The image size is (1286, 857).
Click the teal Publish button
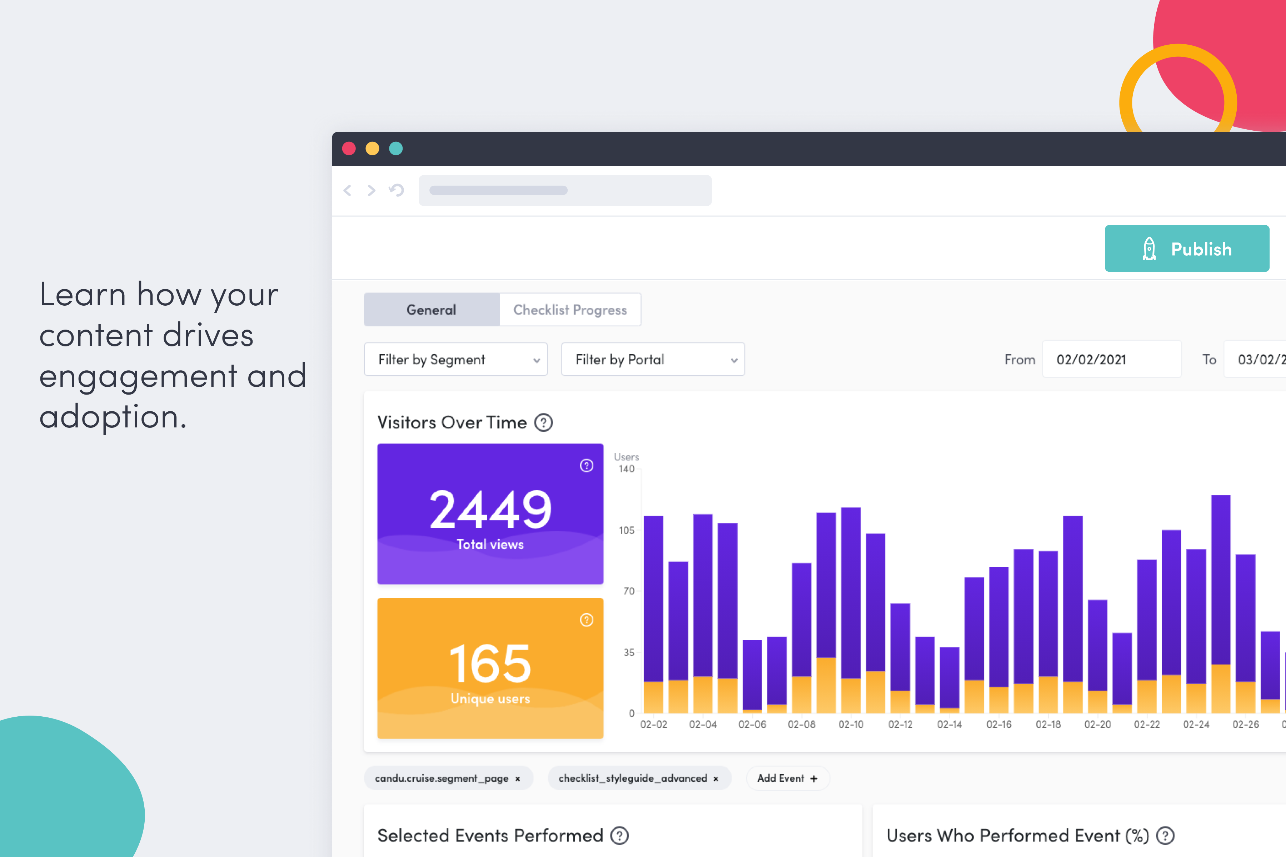pos(1186,249)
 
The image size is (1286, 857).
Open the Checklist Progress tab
pos(570,310)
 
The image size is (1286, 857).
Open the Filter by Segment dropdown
pos(455,360)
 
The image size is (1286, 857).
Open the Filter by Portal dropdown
pos(653,360)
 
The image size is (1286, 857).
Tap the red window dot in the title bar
pos(349,149)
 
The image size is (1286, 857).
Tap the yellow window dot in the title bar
pos(372,149)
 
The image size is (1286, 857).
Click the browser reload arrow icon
pos(397,190)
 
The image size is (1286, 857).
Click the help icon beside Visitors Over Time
pos(543,422)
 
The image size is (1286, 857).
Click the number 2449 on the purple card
pos(490,510)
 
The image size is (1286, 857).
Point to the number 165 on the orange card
pos(490,664)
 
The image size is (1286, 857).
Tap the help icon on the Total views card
pos(586,466)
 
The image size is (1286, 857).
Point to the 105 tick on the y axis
pos(627,530)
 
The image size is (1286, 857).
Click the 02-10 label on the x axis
pos(851,724)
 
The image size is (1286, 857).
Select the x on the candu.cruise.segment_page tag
pos(517,779)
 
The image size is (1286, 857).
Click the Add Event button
pos(787,778)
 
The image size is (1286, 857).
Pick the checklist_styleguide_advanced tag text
pos(633,778)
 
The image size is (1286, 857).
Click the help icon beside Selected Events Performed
pos(619,836)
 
